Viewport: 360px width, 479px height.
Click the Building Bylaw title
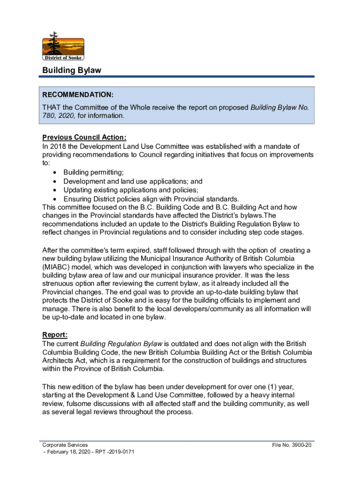[x=72, y=70]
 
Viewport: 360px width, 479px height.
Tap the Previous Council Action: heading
[x=84, y=138]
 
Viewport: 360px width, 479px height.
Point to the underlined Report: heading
[x=55, y=334]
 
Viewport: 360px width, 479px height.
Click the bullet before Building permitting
[x=55, y=173]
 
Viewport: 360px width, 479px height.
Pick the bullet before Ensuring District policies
[x=55, y=198]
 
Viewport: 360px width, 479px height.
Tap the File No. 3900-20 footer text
[x=292, y=445]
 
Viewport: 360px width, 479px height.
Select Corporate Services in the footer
[x=65, y=445]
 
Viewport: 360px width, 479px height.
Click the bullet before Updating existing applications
[x=55, y=190]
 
